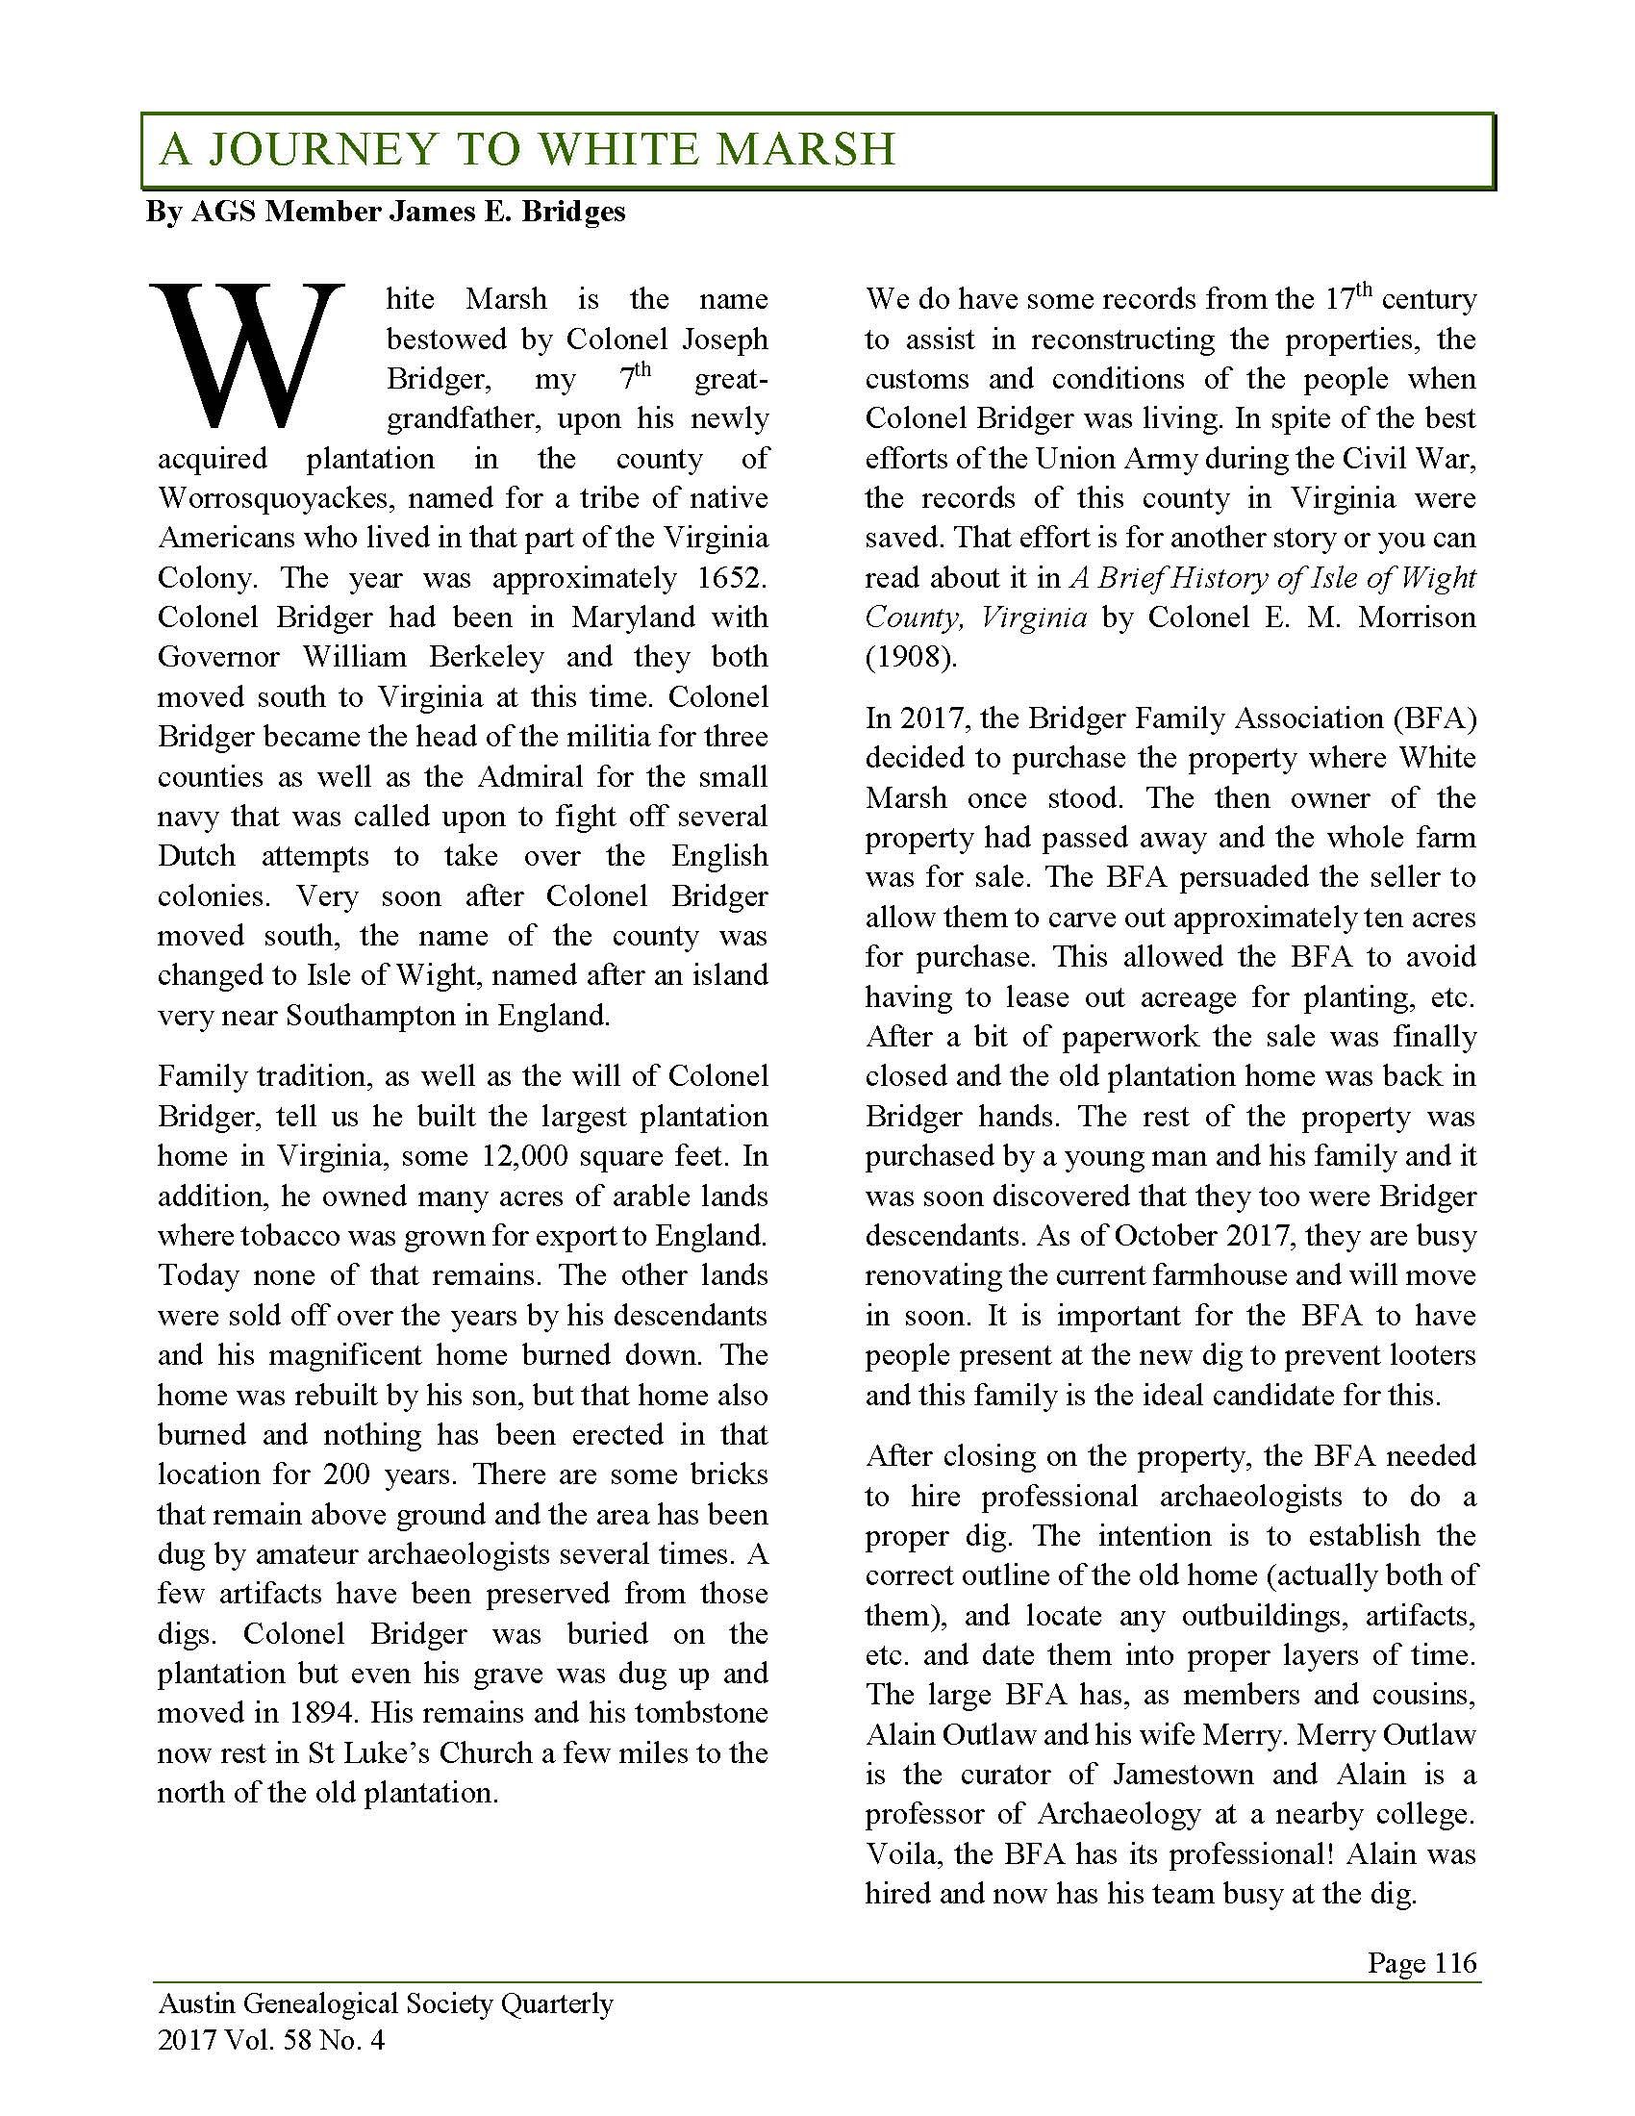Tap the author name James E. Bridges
coord(507,212)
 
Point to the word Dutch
coord(196,856)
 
